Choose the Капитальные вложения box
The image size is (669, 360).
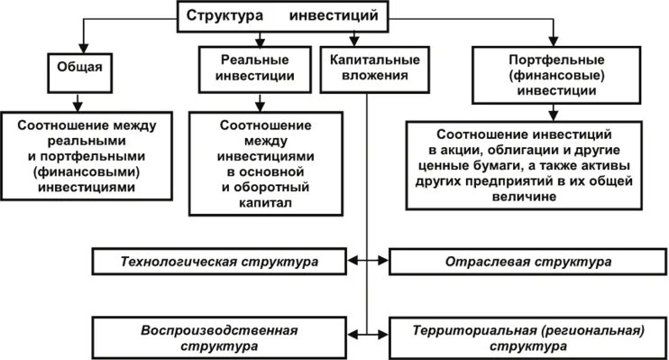tap(368, 69)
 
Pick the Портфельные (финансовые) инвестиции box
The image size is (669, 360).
tap(544, 76)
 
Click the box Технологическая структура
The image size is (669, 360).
tap(219, 262)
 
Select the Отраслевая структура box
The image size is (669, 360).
tap(527, 262)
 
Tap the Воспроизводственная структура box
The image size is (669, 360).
tap(219, 337)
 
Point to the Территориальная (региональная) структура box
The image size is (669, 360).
tap(527, 337)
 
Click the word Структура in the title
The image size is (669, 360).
tap(226, 16)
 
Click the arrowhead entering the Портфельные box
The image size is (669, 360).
tap(544, 48)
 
